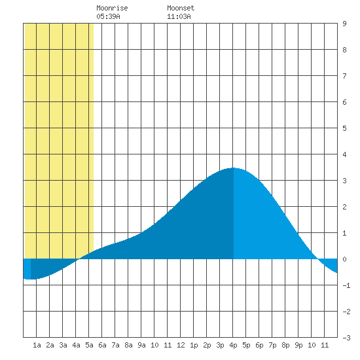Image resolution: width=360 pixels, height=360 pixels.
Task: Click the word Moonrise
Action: click(112, 8)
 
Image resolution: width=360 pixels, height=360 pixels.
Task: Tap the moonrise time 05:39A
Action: click(108, 16)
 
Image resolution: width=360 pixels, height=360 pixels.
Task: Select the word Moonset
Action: click(181, 8)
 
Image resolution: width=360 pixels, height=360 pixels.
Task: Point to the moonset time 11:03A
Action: click(179, 16)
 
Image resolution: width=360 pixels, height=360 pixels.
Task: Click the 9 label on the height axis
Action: click(344, 24)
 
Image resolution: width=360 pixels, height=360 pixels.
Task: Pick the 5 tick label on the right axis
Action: click(344, 128)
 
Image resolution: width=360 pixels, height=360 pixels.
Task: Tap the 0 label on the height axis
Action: click(344, 259)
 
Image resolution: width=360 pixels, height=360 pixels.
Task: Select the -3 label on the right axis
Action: click(346, 338)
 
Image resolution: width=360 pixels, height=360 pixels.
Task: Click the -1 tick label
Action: click(346, 285)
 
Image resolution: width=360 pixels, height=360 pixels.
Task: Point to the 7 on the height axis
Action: click(344, 76)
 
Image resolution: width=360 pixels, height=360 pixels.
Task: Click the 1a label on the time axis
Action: click(37, 345)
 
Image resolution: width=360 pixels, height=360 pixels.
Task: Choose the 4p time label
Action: click(233, 345)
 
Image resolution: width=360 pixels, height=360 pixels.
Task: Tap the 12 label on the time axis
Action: click(181, 345)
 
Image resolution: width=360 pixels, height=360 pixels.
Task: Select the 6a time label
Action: click(102, 345)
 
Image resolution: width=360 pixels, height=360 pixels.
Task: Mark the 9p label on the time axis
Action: click(298, 345)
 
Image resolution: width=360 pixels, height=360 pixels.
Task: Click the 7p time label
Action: click(272, 345)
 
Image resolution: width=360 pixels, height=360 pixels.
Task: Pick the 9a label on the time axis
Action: click(141, 345)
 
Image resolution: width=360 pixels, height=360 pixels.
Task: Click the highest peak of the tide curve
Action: click(233, 168)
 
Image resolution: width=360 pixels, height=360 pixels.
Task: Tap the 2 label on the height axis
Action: click(344, 207)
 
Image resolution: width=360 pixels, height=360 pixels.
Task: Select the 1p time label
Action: click(194, 345)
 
